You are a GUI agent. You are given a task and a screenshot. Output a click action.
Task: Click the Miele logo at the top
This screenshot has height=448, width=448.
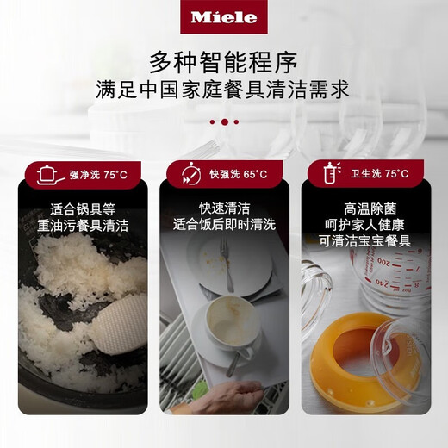223,16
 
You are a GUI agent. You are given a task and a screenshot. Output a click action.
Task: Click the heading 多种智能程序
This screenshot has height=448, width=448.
223,61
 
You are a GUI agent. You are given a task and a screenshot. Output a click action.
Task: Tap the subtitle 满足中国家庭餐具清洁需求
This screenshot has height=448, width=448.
223,90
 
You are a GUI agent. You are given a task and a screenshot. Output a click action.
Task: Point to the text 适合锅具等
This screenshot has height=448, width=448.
83,208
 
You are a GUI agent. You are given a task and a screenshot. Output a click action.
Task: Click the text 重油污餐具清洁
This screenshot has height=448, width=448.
83,226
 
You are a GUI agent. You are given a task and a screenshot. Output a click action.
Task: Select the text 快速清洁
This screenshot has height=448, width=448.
223,208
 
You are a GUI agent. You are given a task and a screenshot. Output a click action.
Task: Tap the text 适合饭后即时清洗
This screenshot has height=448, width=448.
223,226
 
